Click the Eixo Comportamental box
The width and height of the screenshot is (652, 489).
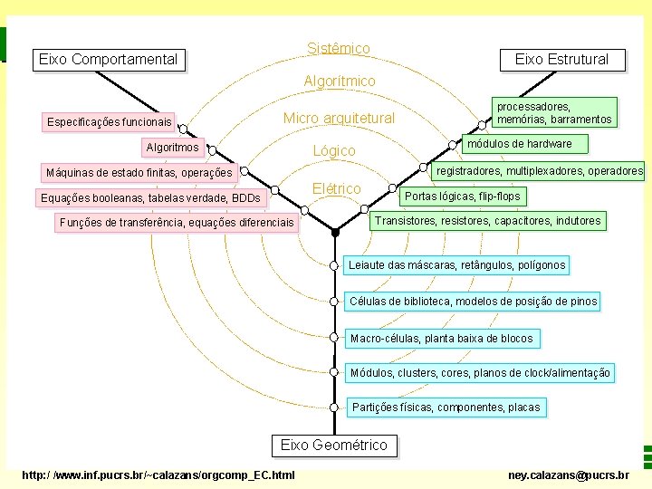pos(108,60)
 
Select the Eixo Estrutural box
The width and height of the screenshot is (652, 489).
pos(561,60)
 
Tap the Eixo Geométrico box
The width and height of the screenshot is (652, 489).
pos(333,445)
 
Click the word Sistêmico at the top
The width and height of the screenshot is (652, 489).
pos(338,48)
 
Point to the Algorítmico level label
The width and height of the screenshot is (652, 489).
pos(339,81)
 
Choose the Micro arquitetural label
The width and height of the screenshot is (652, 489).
pos(339,119)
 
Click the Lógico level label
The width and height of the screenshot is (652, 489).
pos(333,150)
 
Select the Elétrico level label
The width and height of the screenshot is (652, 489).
pos(336,188)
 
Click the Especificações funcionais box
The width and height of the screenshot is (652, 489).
pos(109,121)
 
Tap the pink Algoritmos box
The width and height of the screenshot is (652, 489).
pos(172,147)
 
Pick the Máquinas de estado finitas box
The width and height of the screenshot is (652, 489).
pos(139,172)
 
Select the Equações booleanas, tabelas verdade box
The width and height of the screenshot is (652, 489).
pos(149,197)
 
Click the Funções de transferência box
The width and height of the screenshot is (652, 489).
pos(176,222)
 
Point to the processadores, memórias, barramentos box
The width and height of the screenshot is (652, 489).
pos(554,112)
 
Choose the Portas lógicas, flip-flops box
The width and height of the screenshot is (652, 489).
pos(462,196)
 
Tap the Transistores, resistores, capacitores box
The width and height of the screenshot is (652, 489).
pos(487,220)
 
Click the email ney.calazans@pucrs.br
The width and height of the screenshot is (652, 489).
pos(569,475)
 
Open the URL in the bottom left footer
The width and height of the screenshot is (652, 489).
pos(158,475)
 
